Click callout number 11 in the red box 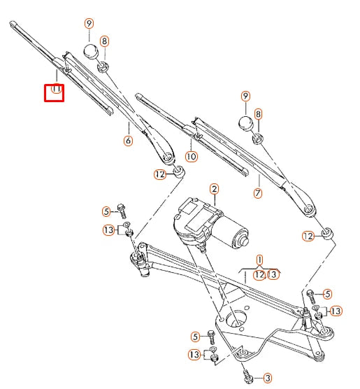click(x=55, y=91)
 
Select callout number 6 click(x=128, y=141)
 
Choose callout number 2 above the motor click(x=214, y=189)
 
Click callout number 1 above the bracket click(x=259, y=259)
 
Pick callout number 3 click(x=267, y=378)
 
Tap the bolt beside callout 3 click(x=248, y=378)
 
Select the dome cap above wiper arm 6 click(x=89, y=52)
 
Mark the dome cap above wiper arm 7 click(x=246, y=124)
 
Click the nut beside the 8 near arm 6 click(x=102, y=67)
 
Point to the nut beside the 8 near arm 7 click(x=256, y=138)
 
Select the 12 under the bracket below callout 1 click(x=259, y=274)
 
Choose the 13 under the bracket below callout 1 click(x=273, y=274)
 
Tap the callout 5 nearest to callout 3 click(x=196, y=337)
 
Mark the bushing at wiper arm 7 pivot click(x=326, y=232)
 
